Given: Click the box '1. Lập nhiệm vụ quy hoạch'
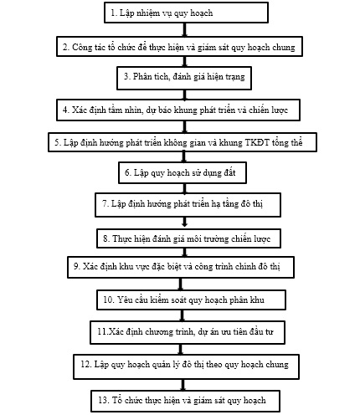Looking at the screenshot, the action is (186, 13).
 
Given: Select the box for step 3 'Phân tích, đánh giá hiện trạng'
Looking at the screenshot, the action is (184, 78).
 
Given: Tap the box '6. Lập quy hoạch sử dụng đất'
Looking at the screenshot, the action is (183, 172).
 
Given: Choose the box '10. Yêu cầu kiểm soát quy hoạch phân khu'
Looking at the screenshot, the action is (191, 300).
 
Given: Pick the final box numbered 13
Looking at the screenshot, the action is (186, 401).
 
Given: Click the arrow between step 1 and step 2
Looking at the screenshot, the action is (184, 29).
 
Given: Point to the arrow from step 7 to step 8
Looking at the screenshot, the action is (184, 223).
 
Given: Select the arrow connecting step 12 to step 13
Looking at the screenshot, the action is (183, 385).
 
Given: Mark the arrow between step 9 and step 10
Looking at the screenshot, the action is (181, 284).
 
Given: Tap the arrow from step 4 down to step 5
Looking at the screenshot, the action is (184, 126).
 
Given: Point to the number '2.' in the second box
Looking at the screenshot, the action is (66, 47).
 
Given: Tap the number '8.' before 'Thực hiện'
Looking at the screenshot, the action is (106, 238).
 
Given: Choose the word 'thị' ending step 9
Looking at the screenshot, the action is (275, 267).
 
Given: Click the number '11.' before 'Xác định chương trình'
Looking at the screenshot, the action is (102, 331).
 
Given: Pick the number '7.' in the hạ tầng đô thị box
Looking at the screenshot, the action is (105, 203).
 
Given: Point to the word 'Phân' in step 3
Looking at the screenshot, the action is (141, 76).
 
